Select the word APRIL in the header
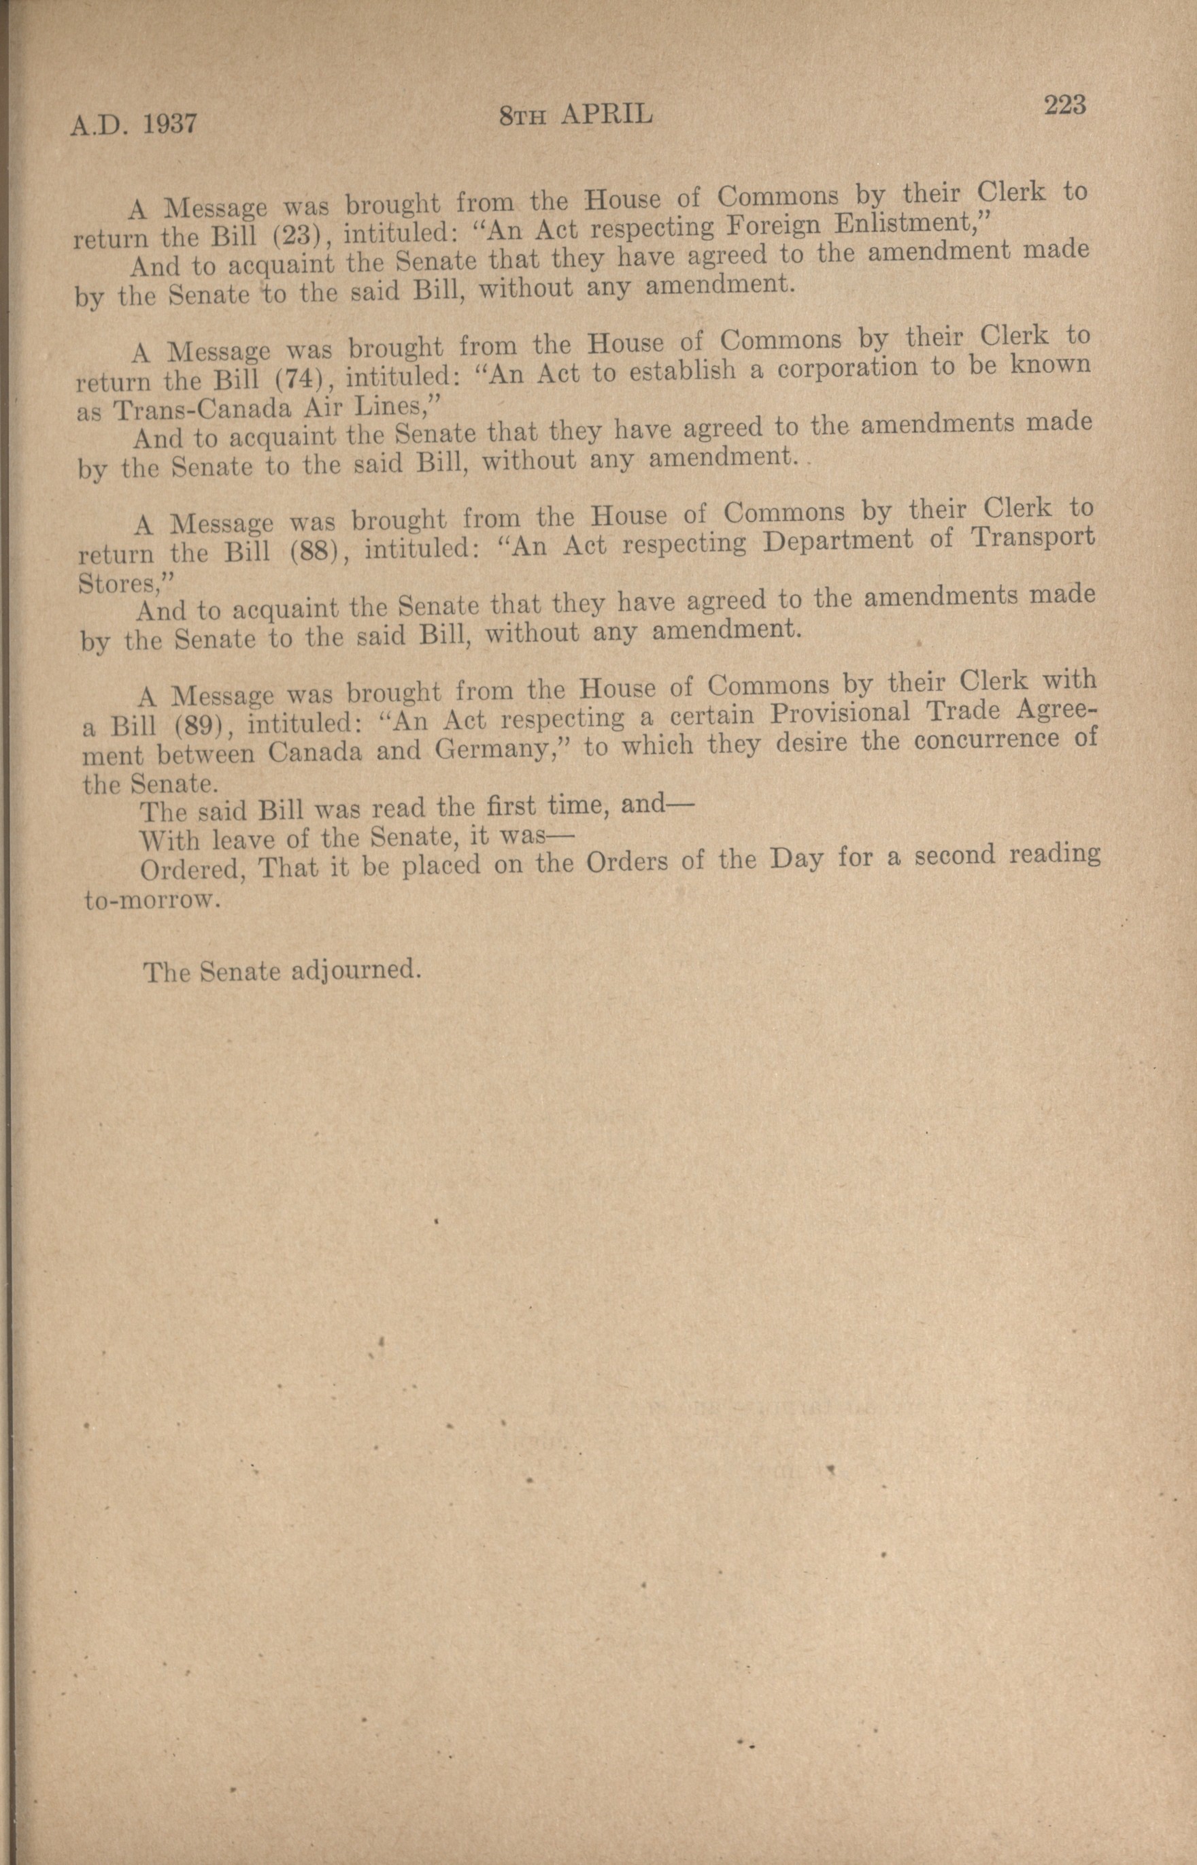605,115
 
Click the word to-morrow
148,901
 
